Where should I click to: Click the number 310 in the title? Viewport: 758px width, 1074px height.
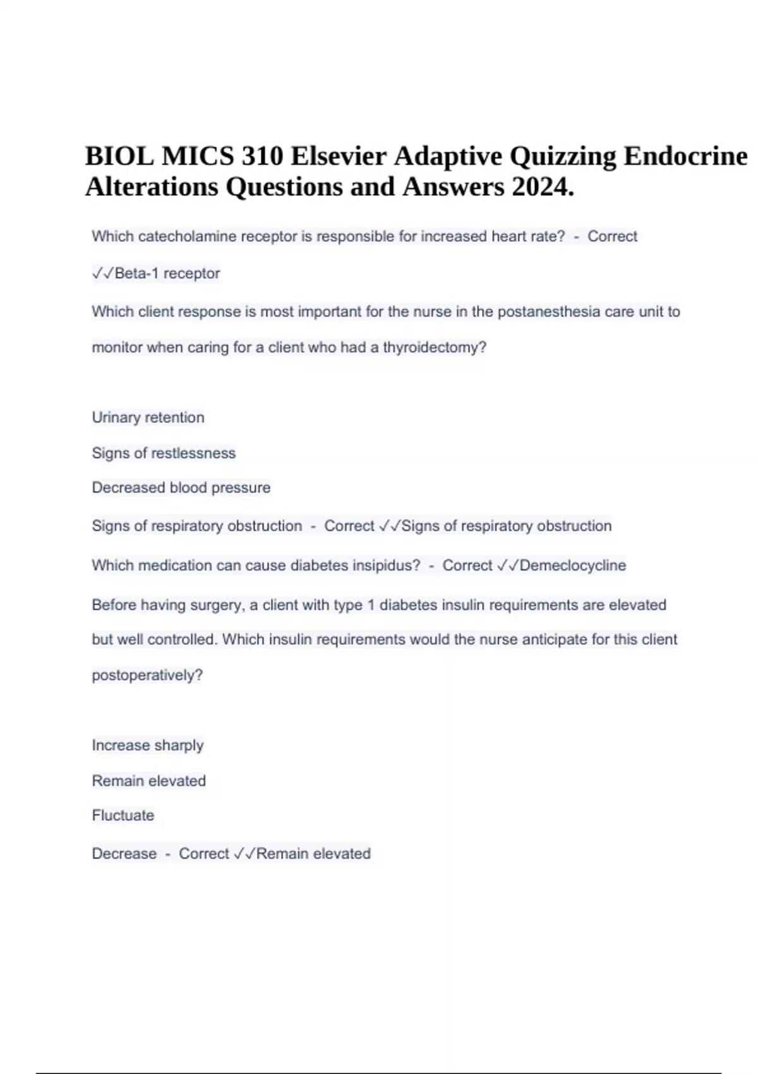(262, 156)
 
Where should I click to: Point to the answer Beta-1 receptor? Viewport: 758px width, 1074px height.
(167, 274)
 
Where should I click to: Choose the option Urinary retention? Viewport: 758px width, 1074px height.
(148, 418)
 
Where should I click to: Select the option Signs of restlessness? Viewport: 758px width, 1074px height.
(164, 453)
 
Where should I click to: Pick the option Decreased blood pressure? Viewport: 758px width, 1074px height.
(181, 488)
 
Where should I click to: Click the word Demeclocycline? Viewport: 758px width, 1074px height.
(573, 565)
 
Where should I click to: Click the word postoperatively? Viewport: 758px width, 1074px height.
(147, 675)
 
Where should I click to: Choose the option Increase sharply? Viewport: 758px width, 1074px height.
(148, 745)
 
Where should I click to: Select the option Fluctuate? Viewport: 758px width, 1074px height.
(123, 816)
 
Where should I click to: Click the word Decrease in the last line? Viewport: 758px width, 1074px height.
(124, 854)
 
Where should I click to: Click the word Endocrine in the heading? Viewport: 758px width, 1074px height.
(685, 156)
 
